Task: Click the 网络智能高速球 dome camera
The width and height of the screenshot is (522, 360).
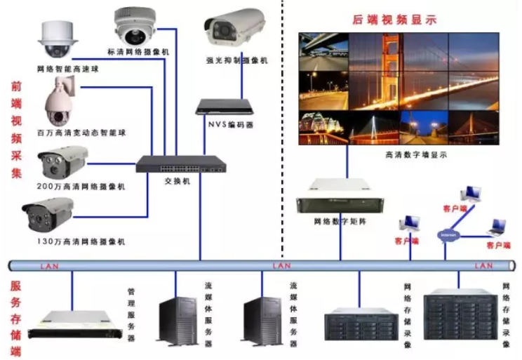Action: click(54, 40)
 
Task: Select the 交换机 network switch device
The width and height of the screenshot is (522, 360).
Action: click(180, 164)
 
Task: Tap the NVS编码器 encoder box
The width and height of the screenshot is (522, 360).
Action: click(224, 107)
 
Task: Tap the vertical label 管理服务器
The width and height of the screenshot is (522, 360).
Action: click(130, 315)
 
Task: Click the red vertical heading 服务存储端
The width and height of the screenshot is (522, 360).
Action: click(15, 318)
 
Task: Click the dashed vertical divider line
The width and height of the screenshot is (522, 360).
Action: click(282, 140)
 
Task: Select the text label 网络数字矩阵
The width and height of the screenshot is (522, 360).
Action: click(340, 221)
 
